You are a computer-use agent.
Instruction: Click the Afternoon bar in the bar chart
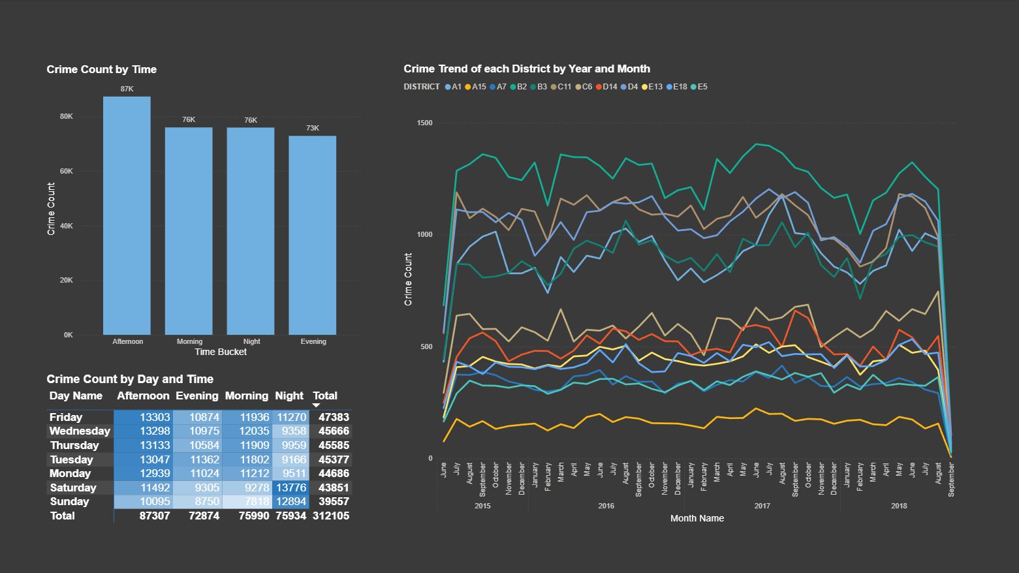127,215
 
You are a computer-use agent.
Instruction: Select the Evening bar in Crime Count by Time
313,235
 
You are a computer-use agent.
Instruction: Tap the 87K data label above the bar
127,89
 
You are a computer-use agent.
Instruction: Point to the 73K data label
313,128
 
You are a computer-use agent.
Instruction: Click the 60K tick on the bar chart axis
67,171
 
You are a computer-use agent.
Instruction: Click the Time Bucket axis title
221,352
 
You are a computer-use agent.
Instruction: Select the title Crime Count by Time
101,69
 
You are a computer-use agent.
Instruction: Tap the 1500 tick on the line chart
424,123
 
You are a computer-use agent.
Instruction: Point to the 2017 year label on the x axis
762,506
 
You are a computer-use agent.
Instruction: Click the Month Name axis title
697,518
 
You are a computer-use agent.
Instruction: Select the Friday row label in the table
66,417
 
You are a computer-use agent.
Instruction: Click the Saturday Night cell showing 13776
290,488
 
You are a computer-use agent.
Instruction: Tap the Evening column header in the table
196,395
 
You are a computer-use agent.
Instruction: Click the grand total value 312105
330,516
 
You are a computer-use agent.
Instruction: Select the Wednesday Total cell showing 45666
334,431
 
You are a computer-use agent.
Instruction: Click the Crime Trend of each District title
526,69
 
